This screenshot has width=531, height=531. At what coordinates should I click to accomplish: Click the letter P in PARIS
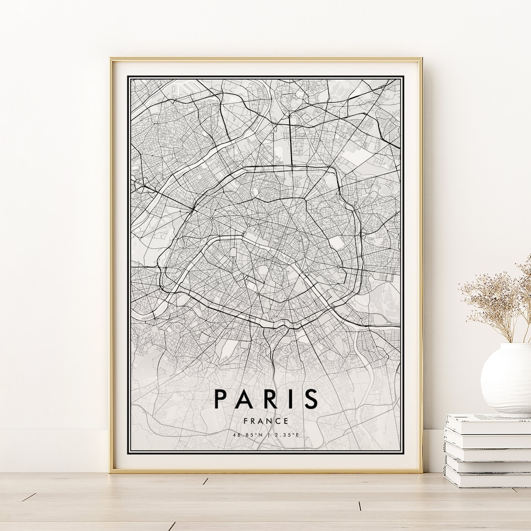(221, 399)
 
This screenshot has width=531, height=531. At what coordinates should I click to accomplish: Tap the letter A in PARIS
(245, 399)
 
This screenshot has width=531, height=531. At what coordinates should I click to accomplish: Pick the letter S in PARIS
(310, 399)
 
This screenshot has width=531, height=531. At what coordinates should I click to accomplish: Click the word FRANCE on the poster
(266, 421)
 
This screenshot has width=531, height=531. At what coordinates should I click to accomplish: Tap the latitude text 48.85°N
(249, 435)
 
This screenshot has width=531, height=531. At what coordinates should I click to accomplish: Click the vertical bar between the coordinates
(267, 435)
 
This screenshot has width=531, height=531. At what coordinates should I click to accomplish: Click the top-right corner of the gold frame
(421, 59)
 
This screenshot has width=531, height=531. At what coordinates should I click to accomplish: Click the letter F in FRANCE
(245, 421)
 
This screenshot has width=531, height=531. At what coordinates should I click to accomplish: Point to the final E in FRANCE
(286, 421)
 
